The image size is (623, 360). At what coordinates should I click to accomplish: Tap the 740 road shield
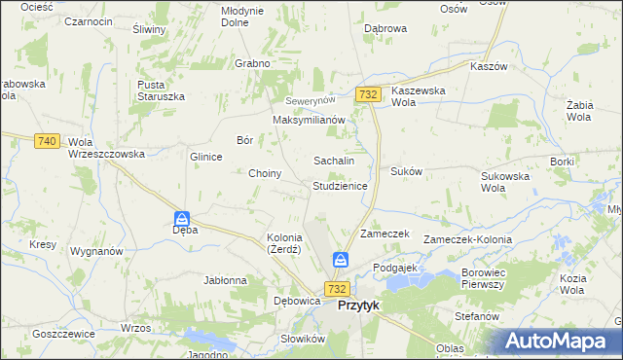coord(46,141)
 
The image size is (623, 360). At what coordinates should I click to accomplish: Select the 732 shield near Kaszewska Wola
coord(367,93)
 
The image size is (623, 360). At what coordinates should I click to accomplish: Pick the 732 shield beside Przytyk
coord(337,289)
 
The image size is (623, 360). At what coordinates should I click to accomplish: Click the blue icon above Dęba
coord(181,219)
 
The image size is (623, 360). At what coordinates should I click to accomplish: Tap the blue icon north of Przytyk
coord(340,260)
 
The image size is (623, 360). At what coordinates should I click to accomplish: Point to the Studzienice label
coord(339,185)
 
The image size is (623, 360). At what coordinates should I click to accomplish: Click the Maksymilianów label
coord(310,120)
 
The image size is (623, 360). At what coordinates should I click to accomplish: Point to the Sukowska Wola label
coord(504,182)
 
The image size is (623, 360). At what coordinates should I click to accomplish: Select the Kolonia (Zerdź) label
coord(285,243)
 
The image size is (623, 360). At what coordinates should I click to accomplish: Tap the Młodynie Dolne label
coord(242,16)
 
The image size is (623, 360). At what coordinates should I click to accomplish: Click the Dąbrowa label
coord(385,29)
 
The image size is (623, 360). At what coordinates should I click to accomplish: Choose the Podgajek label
coord(394,267)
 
